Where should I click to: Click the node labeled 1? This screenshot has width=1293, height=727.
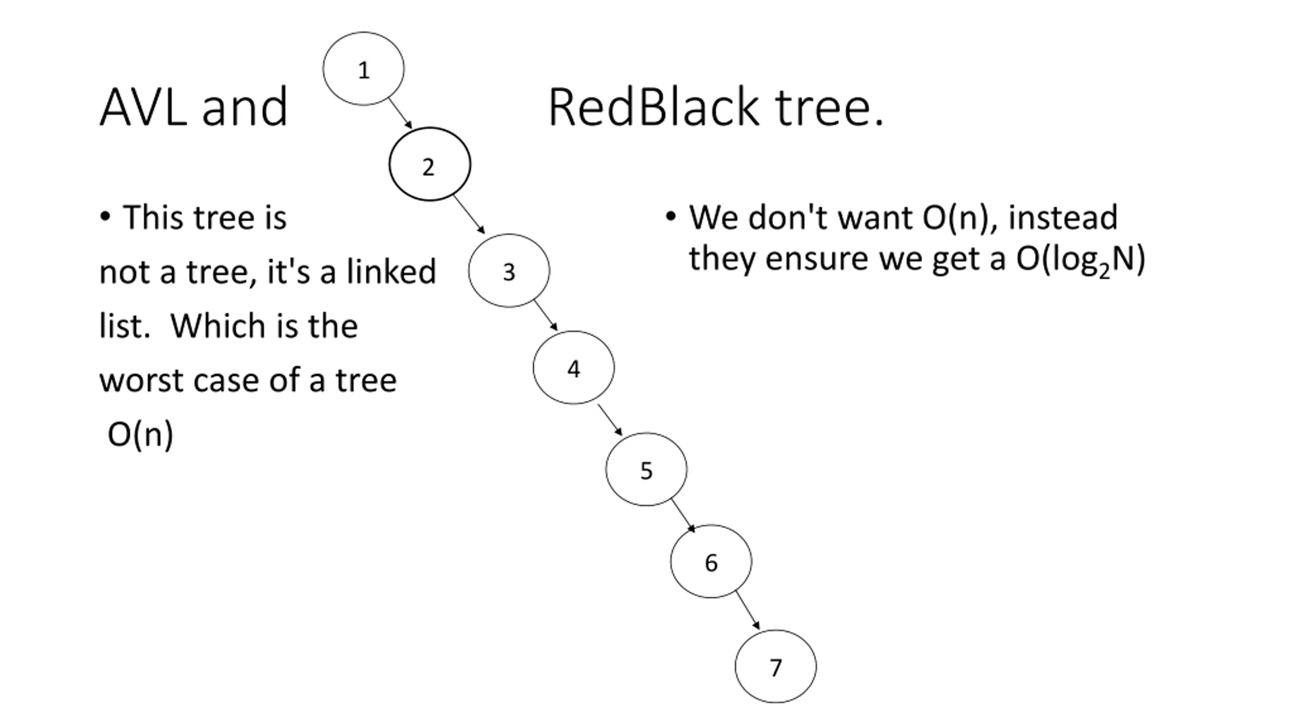(x=364, y=69)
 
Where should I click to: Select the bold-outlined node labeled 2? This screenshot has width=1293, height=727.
(x=430, y=164)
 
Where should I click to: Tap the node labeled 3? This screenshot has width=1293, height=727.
(x=509, y=271)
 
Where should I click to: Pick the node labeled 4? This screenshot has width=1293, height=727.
(x=574, y=368)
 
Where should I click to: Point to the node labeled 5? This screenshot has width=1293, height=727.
(x=646, y=469)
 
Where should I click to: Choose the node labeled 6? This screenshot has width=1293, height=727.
(x=711, y=561)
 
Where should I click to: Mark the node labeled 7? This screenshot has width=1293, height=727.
(x=776, y=666)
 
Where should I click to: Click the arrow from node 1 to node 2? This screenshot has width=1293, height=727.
(x=401, y=114)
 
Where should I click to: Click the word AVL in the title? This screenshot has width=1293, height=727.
(x=143, y=107)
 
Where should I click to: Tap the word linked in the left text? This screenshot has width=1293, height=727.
(x=391, y=271)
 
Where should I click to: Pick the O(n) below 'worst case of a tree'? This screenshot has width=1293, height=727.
(x=140, y=434)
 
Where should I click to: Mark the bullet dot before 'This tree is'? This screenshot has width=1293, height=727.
(x=105, y=217)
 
